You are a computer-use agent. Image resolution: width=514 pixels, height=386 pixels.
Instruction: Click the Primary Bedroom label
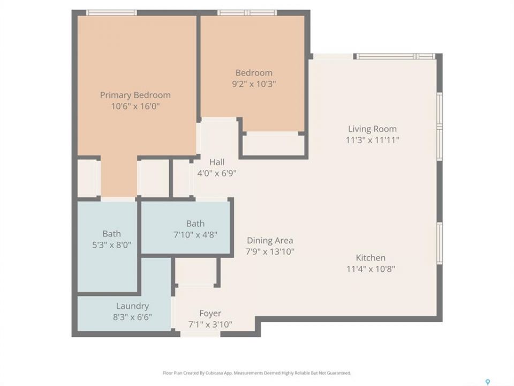tap(135, 95)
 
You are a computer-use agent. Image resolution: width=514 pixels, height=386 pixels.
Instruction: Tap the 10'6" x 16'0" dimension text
tap(135, 106)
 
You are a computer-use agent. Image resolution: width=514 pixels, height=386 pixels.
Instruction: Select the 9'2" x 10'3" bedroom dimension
tap(254, 84)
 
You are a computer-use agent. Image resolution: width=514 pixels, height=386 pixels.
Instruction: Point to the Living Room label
tap(372, 129)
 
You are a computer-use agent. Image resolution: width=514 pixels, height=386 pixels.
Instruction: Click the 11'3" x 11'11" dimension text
tap(372, 140)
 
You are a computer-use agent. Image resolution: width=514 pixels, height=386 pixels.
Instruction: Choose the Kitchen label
tap(371, 258)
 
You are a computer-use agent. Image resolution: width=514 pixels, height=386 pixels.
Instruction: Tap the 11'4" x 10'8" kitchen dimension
tap(371, 269)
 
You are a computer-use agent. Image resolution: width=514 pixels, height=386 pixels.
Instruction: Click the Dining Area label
tap(270, 241)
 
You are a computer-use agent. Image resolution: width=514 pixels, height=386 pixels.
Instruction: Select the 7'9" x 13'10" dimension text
tap(270, 252)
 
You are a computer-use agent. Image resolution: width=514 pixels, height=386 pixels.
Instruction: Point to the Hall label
tap(217, 162)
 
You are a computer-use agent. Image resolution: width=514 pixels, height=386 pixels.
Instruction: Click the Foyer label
tap(210, 314)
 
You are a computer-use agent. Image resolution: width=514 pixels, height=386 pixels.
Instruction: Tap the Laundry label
tap(132, 306)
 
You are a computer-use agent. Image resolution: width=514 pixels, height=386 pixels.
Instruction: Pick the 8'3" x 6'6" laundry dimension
tap(132, 317)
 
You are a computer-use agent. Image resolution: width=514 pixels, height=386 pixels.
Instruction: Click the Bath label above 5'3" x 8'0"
tap(111, 234)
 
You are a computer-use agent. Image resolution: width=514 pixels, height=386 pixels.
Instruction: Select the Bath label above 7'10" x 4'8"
tap(195, 224)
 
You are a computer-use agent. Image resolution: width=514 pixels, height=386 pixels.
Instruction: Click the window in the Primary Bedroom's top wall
tap(111, 13)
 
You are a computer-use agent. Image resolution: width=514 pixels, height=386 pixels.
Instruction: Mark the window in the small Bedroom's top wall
tap(247, 13)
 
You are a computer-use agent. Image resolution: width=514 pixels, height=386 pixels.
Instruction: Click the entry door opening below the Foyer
tap(200, 334)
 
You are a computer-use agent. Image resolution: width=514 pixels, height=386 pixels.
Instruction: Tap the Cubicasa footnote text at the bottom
tap(256, 373)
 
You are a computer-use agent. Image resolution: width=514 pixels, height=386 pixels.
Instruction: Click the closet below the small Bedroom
tap(274, 144)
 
